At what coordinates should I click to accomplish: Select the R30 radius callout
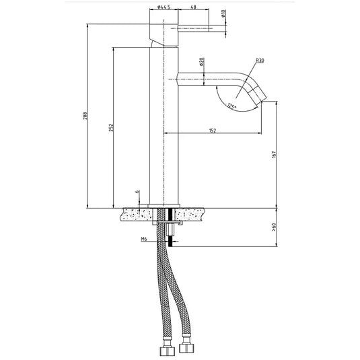tap(259, 61)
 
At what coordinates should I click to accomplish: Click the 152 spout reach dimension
tap(213, 131)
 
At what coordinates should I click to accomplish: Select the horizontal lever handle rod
tap(195, 28)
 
